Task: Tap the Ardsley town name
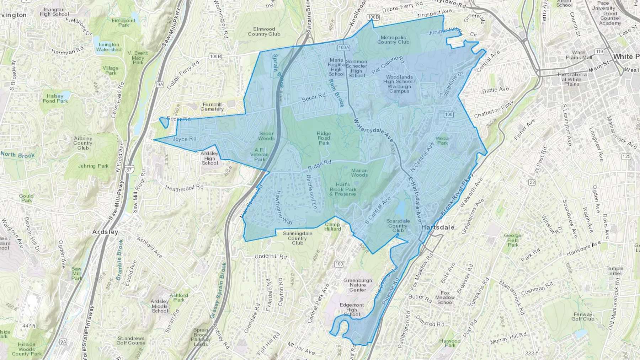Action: pos(105,232)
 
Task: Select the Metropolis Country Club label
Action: pos(393,40)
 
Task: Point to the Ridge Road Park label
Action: pos(324,138)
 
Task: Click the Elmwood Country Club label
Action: pos(264,32)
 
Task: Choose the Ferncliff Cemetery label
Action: pos(212,107)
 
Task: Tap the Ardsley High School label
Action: pos(209,158)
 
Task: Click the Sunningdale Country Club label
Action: pos(297,238)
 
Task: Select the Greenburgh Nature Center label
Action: pos(358,285)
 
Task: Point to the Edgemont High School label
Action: pos(352,310)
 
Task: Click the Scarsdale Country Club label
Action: pos(398,226)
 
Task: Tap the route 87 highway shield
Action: pos(128,170)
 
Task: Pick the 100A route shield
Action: pos(344,47)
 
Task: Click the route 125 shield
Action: pos(626,156)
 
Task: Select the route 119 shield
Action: pos(599,52)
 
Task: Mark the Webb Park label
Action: pos(442,141)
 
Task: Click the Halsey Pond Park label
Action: pos(55,98)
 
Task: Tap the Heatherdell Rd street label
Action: pos(184,187)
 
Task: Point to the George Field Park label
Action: pos(513,240)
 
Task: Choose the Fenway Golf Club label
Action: pos(583,317)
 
